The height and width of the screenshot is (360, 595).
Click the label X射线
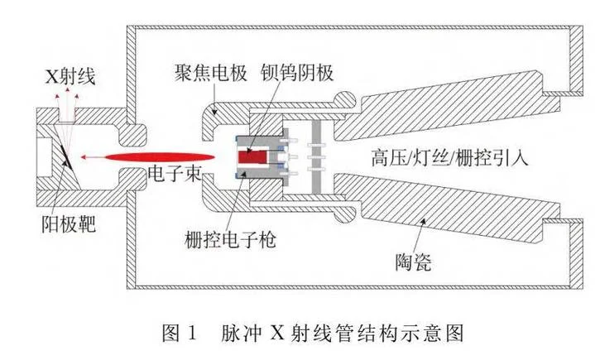70,77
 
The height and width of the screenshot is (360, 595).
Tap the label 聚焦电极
210,73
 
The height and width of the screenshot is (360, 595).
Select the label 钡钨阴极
297,73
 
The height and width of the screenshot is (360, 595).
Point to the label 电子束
175,173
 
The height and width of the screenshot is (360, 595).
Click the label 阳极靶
69,223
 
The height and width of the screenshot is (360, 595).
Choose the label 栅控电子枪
230,239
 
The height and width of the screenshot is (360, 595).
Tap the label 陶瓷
413,262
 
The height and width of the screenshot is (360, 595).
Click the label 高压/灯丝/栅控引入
449,157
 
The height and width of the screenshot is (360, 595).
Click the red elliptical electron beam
160,157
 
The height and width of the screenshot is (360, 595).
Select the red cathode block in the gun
252,156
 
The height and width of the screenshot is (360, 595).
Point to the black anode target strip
65,155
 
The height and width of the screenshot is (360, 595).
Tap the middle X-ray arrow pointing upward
68,90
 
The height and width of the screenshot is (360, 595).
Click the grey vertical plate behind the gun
316,157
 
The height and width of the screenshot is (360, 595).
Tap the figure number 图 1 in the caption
180,334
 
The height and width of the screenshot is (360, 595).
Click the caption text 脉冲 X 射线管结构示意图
342,334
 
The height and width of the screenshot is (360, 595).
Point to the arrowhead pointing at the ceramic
424,222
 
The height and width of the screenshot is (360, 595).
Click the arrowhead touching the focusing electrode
215,111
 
